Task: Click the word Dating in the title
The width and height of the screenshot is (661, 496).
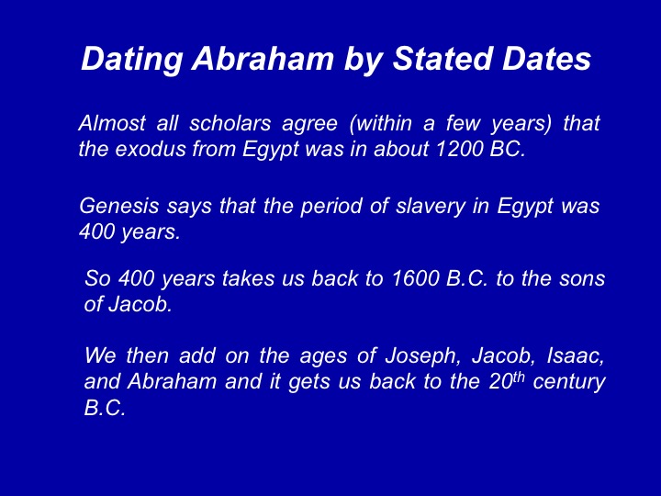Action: pos(132,60)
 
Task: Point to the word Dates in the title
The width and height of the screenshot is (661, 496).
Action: pos(546,58)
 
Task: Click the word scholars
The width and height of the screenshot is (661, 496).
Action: pos(230,123)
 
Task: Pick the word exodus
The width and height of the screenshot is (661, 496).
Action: pos(151,149)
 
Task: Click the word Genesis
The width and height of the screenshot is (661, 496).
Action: pos(119,206)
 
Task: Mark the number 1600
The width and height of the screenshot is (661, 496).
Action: pos(415,278)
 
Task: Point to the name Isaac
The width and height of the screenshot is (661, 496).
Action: pos(576,356)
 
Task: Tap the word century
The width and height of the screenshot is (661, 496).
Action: pos(569,383)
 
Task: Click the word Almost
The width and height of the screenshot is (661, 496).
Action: pos(112,123)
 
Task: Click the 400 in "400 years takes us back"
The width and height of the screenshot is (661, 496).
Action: pos(136,278)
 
